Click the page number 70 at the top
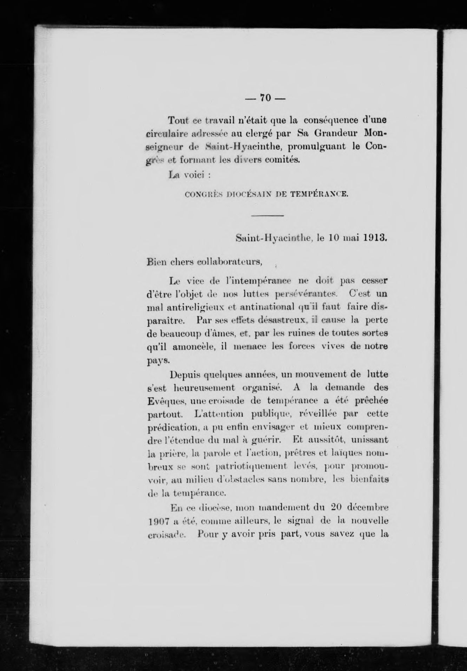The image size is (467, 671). (265, 98)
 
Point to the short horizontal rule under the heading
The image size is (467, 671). (268, 215)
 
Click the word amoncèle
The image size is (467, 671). (190, 346)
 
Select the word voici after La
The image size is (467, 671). (194, 175)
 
